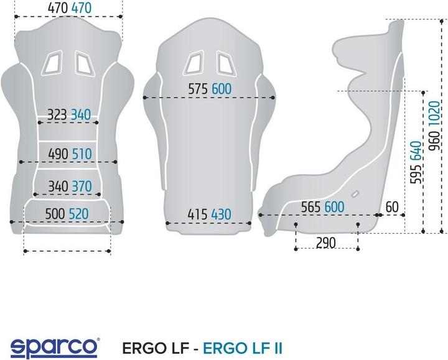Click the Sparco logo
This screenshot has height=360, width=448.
click(55, 345)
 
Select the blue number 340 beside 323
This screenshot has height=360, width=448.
click(81, 114)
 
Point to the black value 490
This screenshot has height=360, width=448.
click(58, 154)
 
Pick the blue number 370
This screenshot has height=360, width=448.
click(82, 186)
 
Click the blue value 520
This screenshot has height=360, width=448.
click(78, 214)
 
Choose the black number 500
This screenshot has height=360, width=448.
click(55, 214)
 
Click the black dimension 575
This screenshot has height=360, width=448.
click(198, 90)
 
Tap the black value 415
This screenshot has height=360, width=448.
click(198, 215)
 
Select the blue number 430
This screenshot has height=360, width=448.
click(221, 215)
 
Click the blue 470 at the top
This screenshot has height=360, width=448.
click(82, 8)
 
